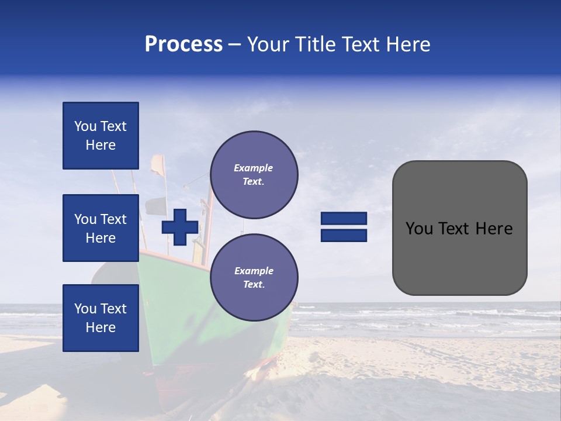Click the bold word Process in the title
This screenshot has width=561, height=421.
coord(183,44)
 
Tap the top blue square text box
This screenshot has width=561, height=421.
coord(101,136)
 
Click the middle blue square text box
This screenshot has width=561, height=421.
coord(101,228)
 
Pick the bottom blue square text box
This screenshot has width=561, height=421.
coord(101,318)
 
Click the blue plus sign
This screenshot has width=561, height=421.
coord(179,227)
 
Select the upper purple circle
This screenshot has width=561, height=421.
coord(254,175)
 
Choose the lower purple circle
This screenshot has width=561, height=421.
coord(254,278)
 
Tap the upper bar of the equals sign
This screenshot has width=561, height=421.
coord(344,219)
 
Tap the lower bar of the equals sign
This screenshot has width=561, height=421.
coord(344,235)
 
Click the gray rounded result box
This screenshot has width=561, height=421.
coord(459,257)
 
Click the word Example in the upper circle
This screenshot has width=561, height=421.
coord(253,168)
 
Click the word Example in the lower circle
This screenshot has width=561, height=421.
coord(253,271)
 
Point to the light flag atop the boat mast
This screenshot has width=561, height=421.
coord(157,165)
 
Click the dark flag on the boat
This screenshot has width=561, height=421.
coord(156,206)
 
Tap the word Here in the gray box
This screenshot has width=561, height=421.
coord(494,229)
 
